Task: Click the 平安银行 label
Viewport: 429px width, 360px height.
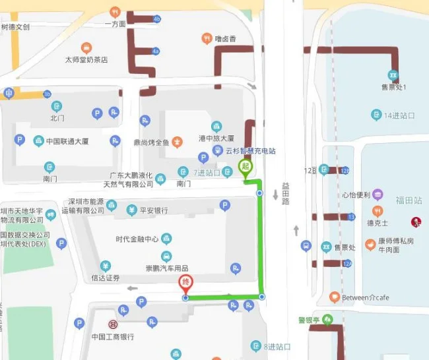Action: point(153,211)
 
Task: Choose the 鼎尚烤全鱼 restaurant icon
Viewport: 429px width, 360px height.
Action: point(177,142)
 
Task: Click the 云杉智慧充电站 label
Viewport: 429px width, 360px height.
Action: point(250,151)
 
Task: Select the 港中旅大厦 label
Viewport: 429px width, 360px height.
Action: point(216,138)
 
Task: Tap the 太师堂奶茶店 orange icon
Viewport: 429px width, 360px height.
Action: point(86,48)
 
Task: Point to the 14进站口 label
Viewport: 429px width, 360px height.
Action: point(399,115)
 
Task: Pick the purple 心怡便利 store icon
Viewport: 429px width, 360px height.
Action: point(377,195)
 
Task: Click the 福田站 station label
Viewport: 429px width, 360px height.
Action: point(409,200)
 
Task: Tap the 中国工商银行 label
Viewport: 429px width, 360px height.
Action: point(112,337)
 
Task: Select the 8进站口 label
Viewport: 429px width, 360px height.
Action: point(277,347)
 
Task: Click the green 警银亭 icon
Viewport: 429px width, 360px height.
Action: point(327,320)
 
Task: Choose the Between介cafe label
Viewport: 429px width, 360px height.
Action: point(365,298)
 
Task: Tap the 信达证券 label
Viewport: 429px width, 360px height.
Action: point(106,278)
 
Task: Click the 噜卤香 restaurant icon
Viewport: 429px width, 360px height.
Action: point(207,39)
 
